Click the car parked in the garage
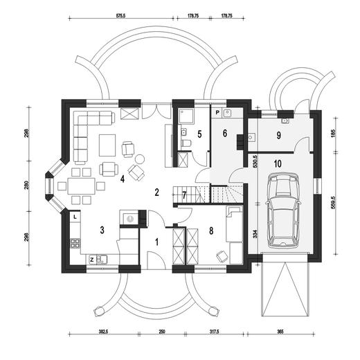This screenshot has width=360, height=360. click(283, 210)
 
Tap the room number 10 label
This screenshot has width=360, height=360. click(278, 163)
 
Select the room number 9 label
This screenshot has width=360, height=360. click(279, 136)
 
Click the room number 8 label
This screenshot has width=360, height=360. click(211, 231)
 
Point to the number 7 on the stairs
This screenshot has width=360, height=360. click(184, 195)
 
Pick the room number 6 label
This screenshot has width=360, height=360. click(225, 133)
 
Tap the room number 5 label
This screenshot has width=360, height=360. click(199, 134)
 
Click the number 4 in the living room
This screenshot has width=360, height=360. click(123, 179)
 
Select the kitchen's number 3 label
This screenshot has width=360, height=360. click(102, 230)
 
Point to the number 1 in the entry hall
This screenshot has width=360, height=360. click(157, 242)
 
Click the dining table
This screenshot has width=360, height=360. click(81, 186)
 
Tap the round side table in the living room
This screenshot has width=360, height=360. click(140, 159)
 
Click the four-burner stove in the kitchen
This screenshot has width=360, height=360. click(75, 243)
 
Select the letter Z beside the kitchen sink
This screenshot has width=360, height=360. click(91, 260)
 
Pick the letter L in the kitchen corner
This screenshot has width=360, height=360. click(75, 217)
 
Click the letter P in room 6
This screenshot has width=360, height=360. click(217, 112)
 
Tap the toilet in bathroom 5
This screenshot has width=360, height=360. click(186, 143)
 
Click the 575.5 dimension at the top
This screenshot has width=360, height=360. click(123, 15)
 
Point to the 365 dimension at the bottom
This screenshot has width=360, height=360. click(280, 332)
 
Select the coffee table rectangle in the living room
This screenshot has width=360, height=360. click(107, 145)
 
